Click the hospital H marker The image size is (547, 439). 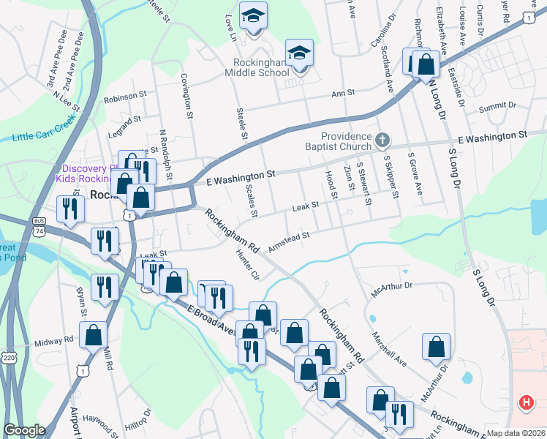526,402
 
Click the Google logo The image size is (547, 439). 24,430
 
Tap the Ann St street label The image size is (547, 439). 342,93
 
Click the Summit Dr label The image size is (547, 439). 497,108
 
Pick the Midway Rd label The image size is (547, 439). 54,341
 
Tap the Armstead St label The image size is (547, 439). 290,241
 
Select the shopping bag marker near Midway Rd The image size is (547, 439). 94,335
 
